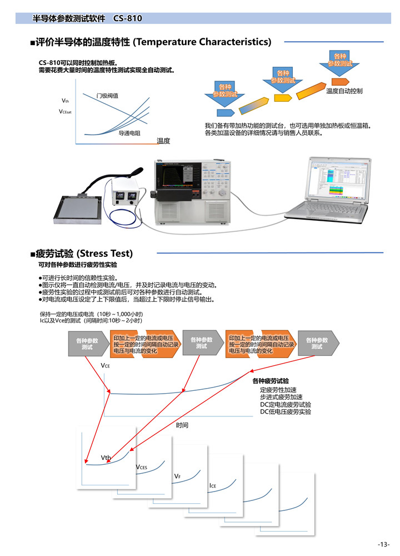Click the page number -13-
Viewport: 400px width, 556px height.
383,543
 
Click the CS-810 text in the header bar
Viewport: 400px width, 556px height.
127,18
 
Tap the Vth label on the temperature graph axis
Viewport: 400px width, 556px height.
65,101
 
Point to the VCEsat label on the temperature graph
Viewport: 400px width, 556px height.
66,112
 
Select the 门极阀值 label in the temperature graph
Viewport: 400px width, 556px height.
107,96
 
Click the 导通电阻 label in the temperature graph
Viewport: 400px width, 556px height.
129,133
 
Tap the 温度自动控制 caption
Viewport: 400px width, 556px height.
344,91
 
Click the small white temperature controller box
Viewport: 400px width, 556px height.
126,195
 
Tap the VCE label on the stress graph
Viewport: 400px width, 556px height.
105,366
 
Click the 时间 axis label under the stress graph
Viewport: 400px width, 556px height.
182,425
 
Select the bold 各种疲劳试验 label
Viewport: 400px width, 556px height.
271,381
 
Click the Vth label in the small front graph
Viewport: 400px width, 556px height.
106,458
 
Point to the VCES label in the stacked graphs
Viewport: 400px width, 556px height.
141,467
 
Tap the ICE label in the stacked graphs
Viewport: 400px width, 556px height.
213,486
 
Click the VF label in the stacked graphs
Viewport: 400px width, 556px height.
177,476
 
